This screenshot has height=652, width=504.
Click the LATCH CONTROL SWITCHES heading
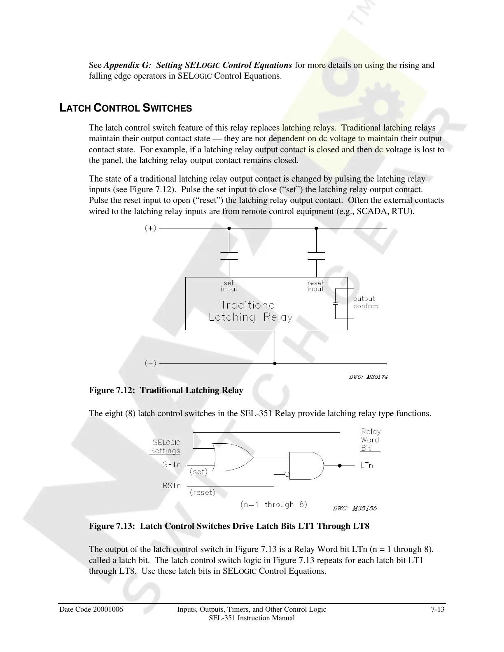[x=126, y=109]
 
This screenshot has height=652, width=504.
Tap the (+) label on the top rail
[x=150, y=228]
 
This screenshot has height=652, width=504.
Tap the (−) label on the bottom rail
[x=150, y=363]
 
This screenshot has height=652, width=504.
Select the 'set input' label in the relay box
[x=229, y=286]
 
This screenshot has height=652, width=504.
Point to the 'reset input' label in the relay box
[x=316, y=286]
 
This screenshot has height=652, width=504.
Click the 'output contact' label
[x=365, y=303]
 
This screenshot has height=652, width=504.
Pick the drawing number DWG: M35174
[x=368, y=377]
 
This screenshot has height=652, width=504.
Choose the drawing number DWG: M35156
[x=355, y=508]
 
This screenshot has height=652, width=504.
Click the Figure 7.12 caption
[x=166, y=390]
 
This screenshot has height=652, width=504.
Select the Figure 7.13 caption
[x=229, y=526]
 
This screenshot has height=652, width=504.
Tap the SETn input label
[x=172, y=465]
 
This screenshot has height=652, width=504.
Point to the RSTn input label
[x=172, y=486]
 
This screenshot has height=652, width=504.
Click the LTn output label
[x=367, y=466]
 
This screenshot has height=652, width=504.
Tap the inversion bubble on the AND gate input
[x=287, y=475]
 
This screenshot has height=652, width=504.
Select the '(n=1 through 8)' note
[x=274, y=505]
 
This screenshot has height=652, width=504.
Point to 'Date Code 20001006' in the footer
[x=91, y=610]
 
